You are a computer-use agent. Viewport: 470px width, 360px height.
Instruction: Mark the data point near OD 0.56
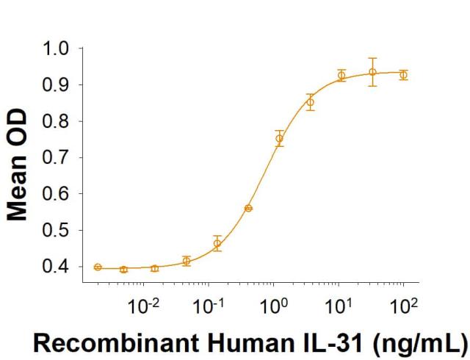248,208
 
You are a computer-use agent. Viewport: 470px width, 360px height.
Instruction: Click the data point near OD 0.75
279,138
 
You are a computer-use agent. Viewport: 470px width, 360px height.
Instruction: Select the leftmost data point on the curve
98,267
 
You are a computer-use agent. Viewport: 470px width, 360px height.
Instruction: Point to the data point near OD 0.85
310,102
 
